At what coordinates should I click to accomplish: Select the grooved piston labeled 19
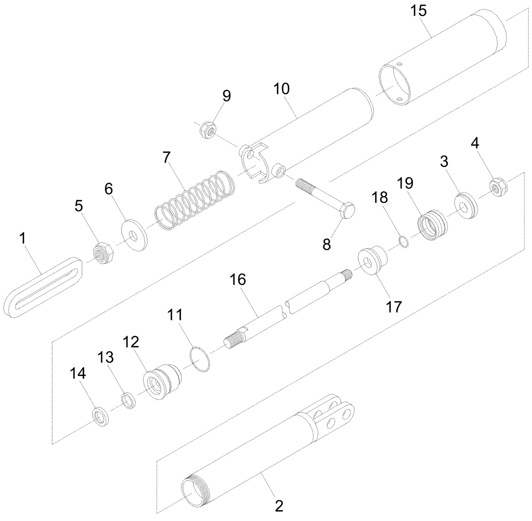(433, 224)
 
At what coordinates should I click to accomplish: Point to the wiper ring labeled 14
(99, 416)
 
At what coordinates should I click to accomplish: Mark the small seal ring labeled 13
(128, 399)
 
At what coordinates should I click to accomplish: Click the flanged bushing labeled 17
(372, 260)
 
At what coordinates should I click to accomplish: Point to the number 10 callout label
(282, 88)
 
